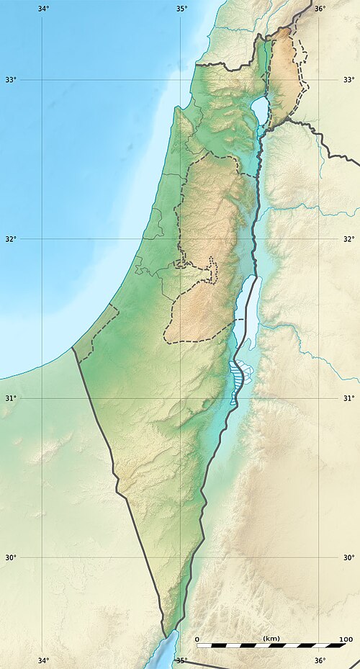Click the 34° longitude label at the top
click(42, 9)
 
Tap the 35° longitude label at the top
click(181, 9)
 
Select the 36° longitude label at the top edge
click(319, 9)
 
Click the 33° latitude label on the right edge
click(348, 79)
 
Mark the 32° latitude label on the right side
click(348, 238)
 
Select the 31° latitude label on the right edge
click(348, 398)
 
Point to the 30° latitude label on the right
click(348, 557)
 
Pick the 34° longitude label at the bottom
click(42, 661)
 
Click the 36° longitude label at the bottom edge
click(319, 661)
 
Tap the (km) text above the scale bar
click(271, 639)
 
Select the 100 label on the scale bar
click(345, 639)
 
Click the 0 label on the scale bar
click(198, 639)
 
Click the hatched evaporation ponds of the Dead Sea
click(235, 382)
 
